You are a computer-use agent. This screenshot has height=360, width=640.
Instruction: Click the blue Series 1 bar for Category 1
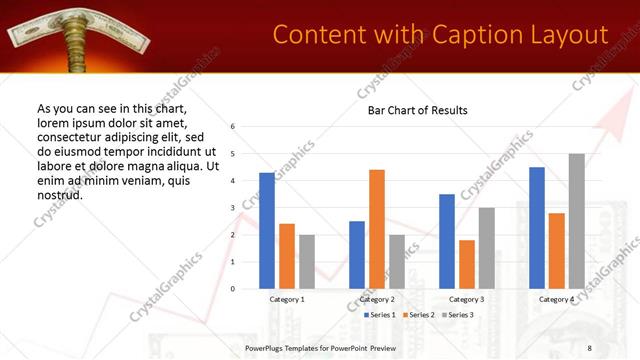[x=266, y=231]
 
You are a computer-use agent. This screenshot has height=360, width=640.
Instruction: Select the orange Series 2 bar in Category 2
[x=377, y=229]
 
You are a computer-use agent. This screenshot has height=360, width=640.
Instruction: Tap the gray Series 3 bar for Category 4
[x=577, y=221]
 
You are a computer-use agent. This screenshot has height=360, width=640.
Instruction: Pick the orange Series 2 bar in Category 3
[x=467, y=264]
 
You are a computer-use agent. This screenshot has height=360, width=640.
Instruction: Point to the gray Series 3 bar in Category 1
[x=306, y=262]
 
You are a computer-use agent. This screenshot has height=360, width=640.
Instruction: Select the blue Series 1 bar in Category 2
[x=357, y=255]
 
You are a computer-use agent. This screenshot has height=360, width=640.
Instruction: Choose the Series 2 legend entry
[x=416, y=315]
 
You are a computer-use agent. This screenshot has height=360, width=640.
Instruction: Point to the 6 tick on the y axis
[x=232, y=127]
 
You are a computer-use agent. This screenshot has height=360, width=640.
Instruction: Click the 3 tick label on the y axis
[x=232, y=208]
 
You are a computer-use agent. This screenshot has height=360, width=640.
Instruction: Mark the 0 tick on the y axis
[x=232, y=289]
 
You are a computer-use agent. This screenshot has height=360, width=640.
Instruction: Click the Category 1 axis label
[x=287, y=299]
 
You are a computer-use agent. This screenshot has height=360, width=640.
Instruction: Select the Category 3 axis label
[x=467, y=299]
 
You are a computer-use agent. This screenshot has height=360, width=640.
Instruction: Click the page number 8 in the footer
[x=588, y=347]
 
